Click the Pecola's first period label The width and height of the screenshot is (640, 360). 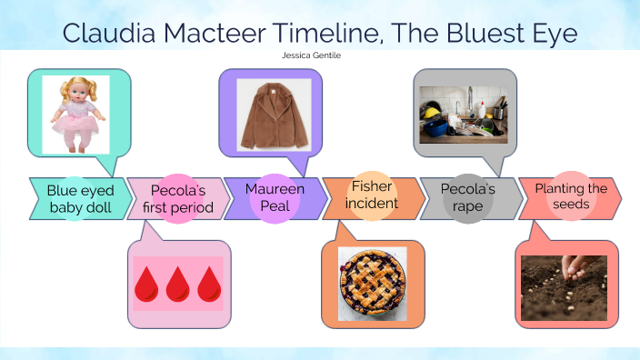pos(178,199)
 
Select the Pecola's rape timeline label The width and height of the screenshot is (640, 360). pos(467,197)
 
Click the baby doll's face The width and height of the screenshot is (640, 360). pos(75,95)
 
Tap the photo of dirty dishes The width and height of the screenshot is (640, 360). pos(462,115)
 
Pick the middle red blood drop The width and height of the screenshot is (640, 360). pos(178,285)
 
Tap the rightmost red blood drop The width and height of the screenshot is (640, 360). pos(209,285)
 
